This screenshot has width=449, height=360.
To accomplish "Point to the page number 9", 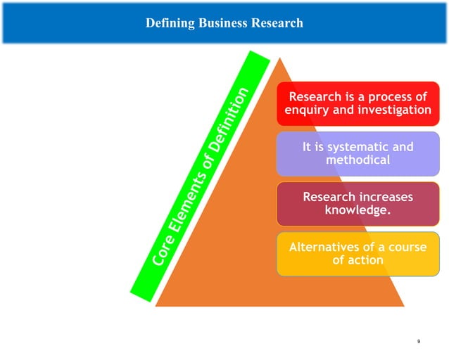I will click(418, 341).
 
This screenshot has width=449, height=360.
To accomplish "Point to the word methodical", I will click(358, 160).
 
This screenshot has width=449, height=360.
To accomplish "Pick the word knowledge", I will click(358, 210).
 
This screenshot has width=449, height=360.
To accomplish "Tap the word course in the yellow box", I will click(407, 247).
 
